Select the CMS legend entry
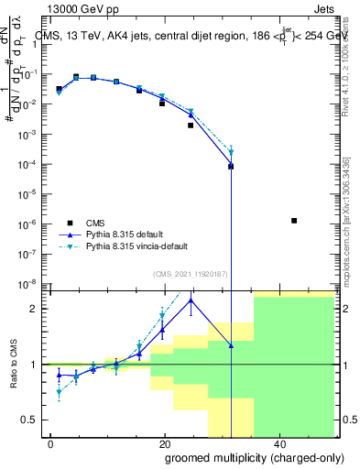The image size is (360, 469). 97,222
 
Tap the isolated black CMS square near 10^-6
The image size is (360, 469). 294,221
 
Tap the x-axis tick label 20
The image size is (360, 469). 164,443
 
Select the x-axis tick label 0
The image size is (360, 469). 50,443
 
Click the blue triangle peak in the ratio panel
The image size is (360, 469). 191,300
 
